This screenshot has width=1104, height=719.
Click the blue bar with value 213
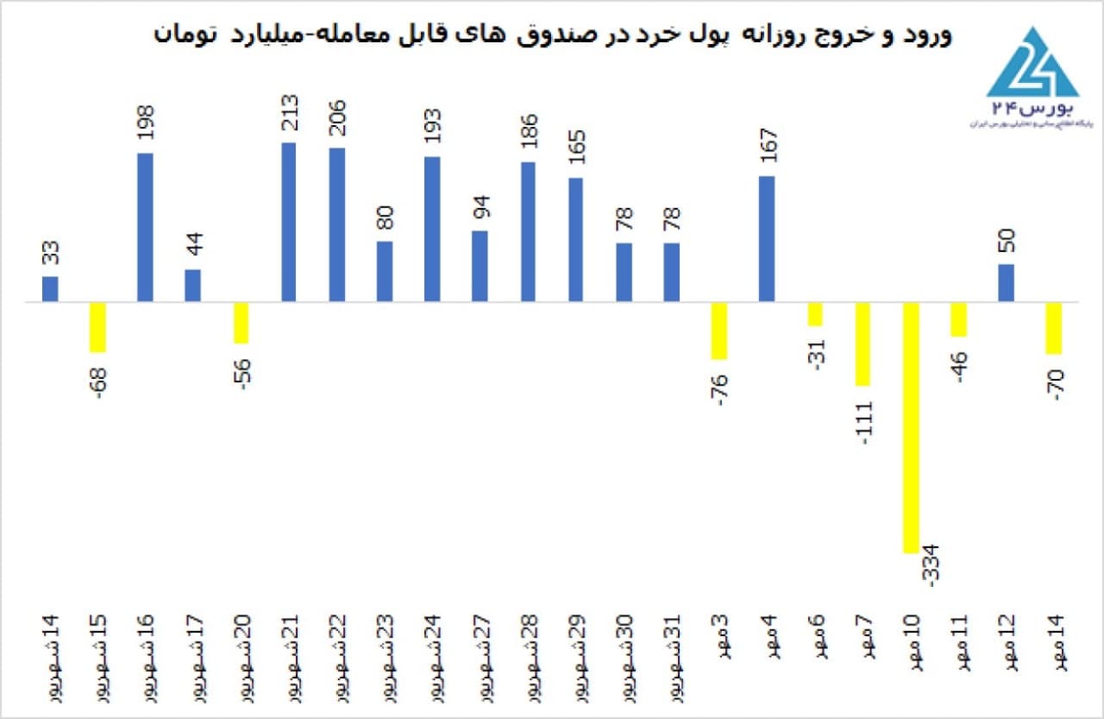[x=288, y=222]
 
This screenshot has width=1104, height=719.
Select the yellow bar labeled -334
[x=911, y=427]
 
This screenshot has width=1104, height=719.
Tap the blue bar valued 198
[x=145, y=227]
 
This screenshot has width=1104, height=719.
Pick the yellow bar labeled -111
[x=862, y=344]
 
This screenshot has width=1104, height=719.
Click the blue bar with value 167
[x=767, y=239]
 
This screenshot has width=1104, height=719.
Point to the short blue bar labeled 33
[x=50, y=289]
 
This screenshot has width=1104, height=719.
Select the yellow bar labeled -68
[x=97, y=327]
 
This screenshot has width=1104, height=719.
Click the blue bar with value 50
[x=1007, y=283]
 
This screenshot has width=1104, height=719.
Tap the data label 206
[x=337, y=123]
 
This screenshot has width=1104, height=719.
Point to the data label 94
[x=480, y=208]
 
